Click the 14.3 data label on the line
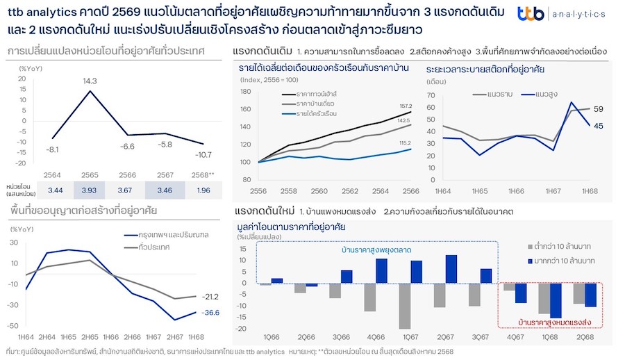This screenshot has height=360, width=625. pyautogui.click(x=90, y=81)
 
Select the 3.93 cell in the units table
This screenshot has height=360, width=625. pyautogui.click(x=90, y=190)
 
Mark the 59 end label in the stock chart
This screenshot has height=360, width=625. pyautogui.click(x=598, y=109)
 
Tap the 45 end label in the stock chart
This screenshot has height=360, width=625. pyautogui.click(x=598, y=126)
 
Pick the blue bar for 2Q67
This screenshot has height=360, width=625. pyautogui.click(x=451, y=270)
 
